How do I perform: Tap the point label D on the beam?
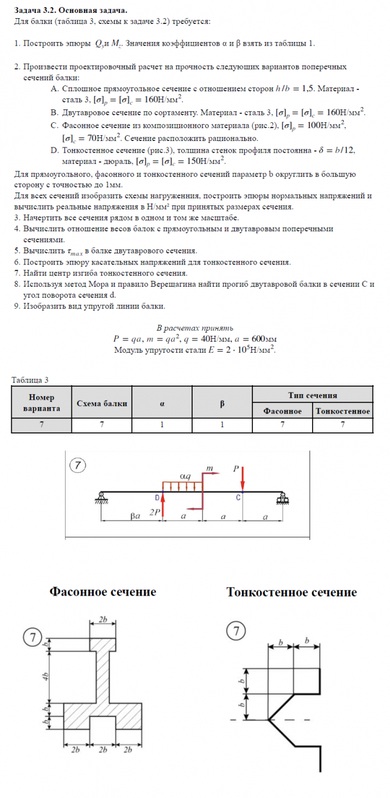pos(158,497)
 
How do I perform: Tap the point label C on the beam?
pos(238,498)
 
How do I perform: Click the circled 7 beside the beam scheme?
pos(78,465)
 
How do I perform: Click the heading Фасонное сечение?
pos(102,591)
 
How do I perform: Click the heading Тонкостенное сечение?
pos(291,592)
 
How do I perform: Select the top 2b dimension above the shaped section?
pos(103,619)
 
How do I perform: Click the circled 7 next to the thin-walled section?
pos(235,631)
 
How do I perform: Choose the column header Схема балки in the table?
pos(101,403)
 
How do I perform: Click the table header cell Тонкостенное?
pos(343,411)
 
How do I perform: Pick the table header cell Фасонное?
pos(282,411)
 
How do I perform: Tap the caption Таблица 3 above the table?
pos(30,380)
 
